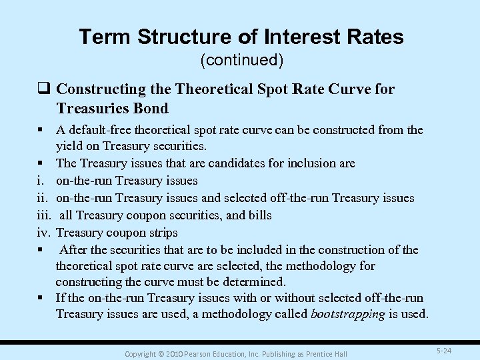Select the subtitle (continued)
241,61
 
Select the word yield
69,145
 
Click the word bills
257,215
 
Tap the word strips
162,233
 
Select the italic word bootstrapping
348,314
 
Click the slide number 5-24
445,350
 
